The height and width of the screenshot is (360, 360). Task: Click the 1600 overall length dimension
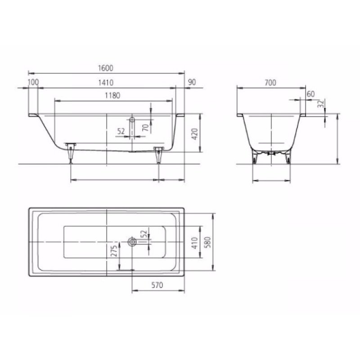point(106,67)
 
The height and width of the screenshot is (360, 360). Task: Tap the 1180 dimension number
point(113,95)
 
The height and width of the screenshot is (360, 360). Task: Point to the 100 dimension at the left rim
point(33,82)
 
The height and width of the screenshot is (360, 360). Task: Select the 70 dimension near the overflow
point(145,127)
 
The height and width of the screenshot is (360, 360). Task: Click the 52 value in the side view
point(121,131)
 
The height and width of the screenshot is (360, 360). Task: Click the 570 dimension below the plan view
point(157,285)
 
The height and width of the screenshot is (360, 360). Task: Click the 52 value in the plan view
point(144,234)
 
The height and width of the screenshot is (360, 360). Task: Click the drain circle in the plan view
point(132,242)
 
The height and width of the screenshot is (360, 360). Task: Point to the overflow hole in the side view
point(132,120)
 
